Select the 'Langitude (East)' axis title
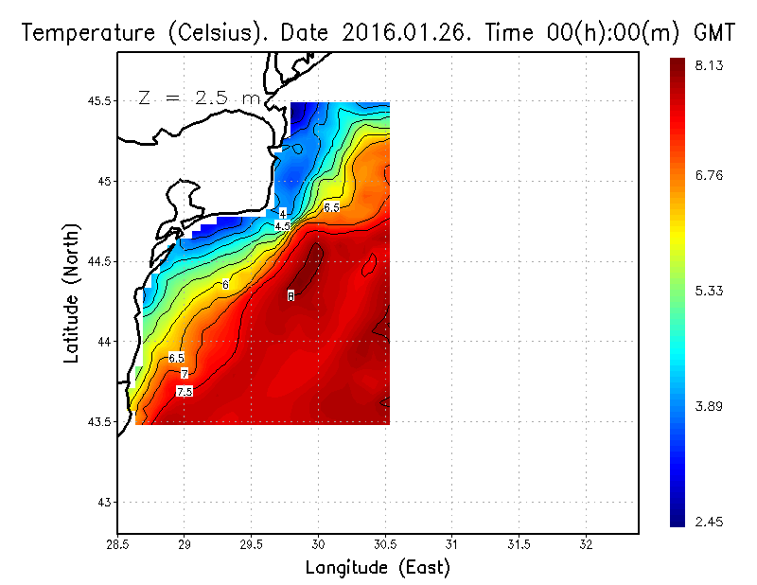click(378, 568)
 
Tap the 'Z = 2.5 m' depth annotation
click(198, 97)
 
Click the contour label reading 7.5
click(185, 391)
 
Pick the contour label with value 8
click(290, 296)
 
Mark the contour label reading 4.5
click(282, 226)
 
